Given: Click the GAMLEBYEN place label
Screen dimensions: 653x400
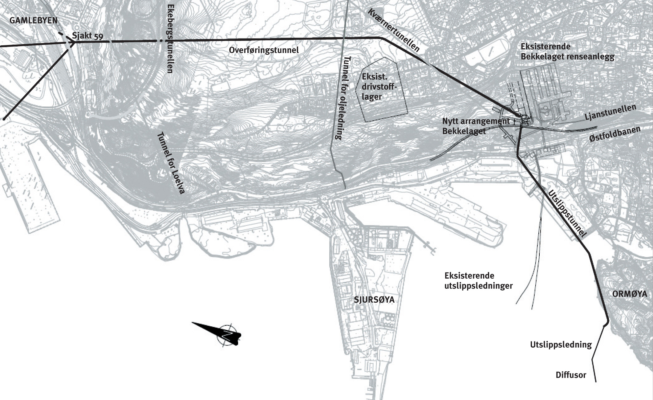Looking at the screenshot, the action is tap(34, 21).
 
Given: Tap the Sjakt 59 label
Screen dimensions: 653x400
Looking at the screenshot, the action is tap(88, 36).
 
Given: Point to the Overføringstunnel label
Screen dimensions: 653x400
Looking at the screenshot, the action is tap(264, 50).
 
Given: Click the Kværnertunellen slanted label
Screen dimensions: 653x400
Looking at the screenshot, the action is tap(394, 29).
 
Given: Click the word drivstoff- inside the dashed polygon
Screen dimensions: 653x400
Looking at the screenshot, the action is tap(380, 87).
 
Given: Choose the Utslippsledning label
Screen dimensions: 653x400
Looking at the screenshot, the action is tap(561, 345).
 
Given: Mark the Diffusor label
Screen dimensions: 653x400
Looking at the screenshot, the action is tap(571, 375).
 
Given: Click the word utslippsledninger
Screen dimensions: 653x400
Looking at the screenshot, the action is tap(478, 286).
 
